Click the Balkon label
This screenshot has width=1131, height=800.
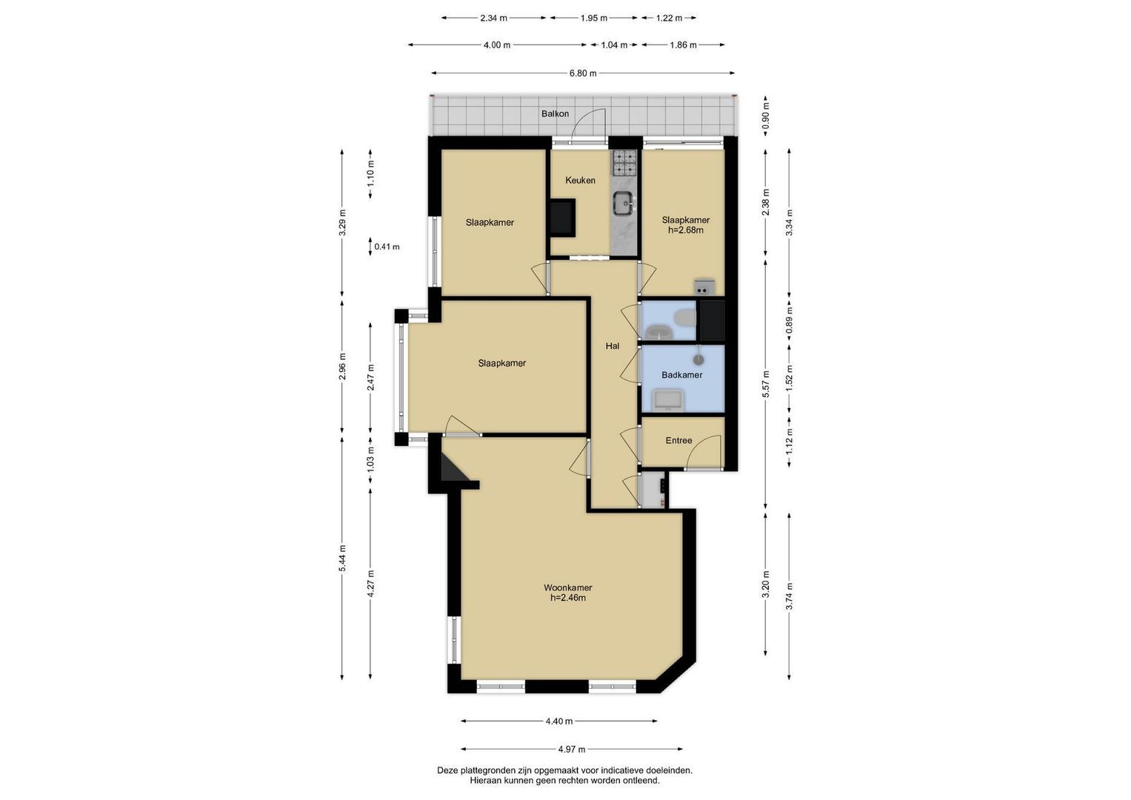click(x=555, y=113)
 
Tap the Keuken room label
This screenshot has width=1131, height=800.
click(x=580, y=180)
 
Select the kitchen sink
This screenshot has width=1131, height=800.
click(x=625, y=204)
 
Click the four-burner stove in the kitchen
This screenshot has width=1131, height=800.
click(x=625, y=162)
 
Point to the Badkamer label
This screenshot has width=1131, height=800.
click(x=682, y=375)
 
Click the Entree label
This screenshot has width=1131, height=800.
click(x=678, y=441)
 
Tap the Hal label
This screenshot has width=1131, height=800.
click(x=613, y=346)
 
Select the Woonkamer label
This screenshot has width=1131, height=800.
click(x=568, y=587)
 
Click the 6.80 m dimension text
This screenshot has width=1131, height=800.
click(x=583, y=73)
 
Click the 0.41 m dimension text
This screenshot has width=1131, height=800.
click(x=387, y=247)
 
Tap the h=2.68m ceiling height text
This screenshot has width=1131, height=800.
click(x=686, y=230)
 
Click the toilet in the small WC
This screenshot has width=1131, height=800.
click(x=686, y=318)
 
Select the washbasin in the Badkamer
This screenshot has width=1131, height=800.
click(x=668, y=400)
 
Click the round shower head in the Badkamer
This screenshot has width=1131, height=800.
click(x=698, y=359)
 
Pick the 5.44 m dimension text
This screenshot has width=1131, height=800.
click(x=342, y=558)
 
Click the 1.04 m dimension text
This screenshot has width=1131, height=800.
click(x=614, y=45)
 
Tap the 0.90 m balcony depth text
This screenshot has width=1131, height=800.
click(x=766, y=116)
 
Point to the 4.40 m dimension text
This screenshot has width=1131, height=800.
click(x=559, y=721)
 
